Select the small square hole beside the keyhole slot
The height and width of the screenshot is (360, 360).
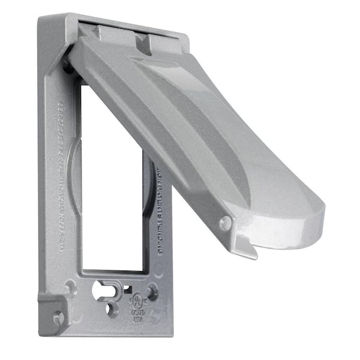pos(127,289)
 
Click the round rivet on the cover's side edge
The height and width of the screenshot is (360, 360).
pos(225,223)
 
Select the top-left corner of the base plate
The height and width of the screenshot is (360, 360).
pos(43,21)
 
